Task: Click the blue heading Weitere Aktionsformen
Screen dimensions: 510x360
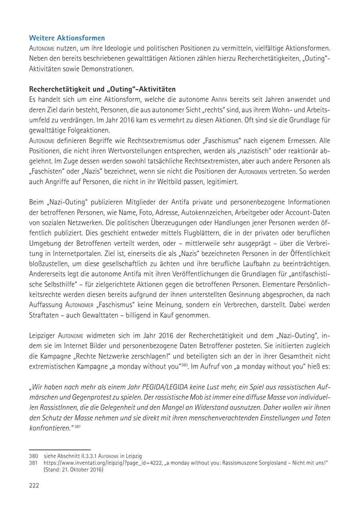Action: [x=67, y=38]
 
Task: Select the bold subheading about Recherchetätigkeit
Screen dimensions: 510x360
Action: [x=102, y=89]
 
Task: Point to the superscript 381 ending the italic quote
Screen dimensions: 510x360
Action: [x=77, y=426]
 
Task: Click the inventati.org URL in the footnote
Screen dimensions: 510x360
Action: [x=96, y=462]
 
